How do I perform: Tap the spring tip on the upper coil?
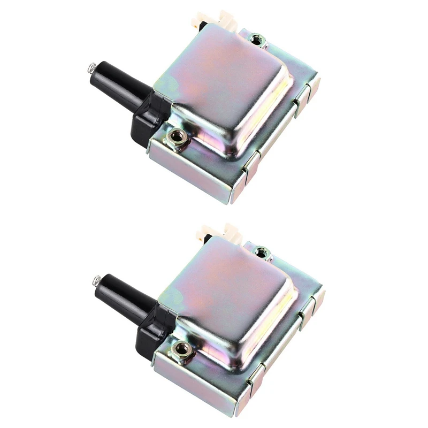tap(91, 68)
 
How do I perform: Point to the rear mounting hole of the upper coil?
tap(257, 39)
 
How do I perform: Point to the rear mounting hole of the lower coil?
tap(260, 250)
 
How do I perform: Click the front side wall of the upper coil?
tap(187, 171)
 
